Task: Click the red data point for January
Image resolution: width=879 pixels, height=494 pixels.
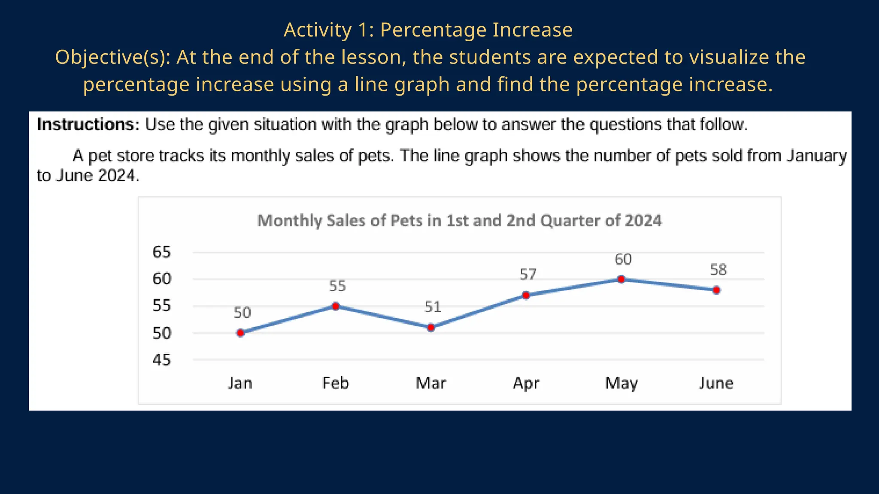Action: (x=240, y=333)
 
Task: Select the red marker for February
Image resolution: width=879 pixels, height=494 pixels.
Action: (x=336, y=306)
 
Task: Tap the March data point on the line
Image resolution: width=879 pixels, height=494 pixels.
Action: (x=431, y=328)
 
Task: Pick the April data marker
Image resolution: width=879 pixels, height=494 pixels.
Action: (x=526, y=295)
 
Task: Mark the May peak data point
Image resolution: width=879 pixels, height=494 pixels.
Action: (x=621, y=279)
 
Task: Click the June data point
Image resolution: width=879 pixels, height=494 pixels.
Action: (x=716, y=290)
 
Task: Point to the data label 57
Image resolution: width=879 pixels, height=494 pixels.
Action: (x=528, y=274)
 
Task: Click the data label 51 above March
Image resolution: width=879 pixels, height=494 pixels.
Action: (x=433, y=307)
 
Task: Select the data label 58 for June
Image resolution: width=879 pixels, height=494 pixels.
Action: (x=718, y=270)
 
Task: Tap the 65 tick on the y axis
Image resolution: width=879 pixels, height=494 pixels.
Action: (x=162, y=252)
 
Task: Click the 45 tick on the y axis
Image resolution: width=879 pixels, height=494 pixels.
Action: (x=162, y=360)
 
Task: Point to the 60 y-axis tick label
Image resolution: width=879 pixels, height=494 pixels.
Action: (x=162, y=279)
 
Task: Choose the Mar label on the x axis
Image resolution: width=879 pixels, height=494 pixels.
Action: (x=431, y=383)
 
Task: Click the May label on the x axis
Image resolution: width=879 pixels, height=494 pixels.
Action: (x=621, y=383)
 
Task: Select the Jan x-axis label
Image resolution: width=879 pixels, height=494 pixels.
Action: (x=240, y=383)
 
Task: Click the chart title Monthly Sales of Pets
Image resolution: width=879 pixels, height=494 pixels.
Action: (x=459, y=221)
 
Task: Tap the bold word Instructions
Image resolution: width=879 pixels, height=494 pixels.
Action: (x=88, y=124)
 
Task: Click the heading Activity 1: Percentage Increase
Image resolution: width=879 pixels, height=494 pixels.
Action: (x=428, y=30)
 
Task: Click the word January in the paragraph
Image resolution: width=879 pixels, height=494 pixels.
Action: (x=816, y=156)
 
